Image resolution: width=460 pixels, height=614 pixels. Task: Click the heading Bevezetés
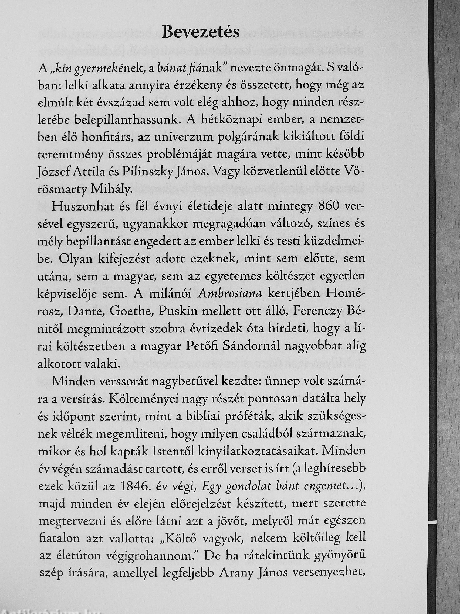201,32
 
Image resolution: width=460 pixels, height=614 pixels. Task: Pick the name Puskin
176,312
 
